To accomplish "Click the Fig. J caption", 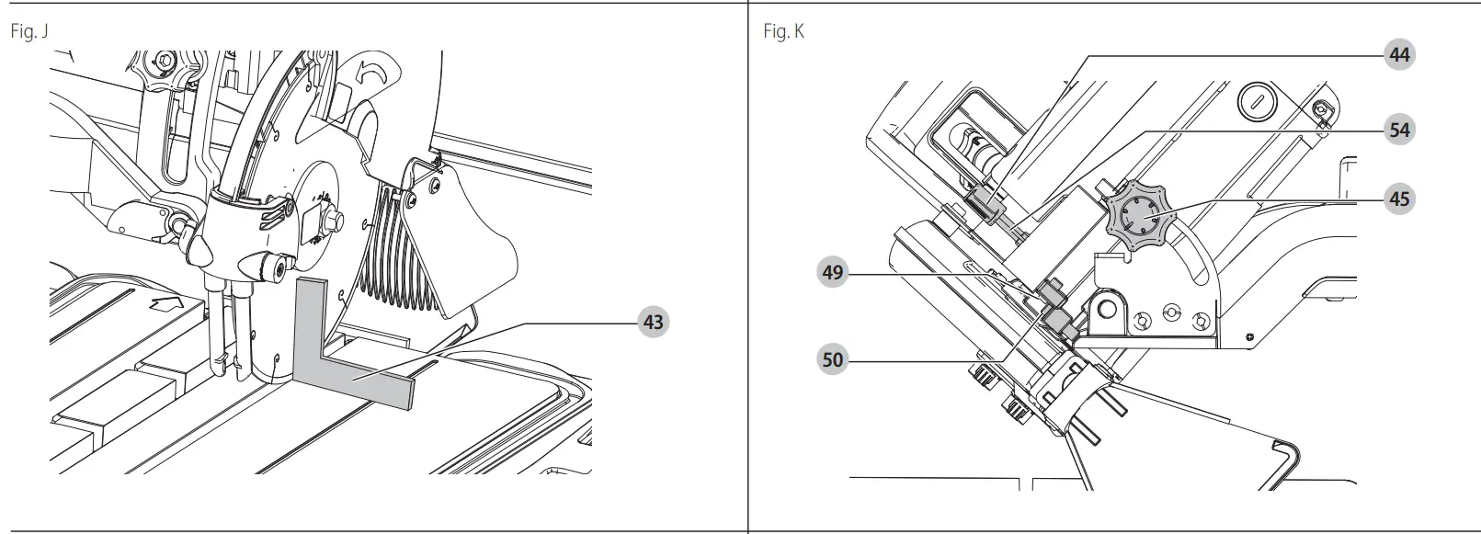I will (28, 32).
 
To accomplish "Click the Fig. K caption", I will (783, 32).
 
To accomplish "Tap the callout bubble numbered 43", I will (653, 323).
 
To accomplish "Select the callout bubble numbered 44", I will (1399, 55).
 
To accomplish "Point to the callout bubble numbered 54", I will (1399, 131).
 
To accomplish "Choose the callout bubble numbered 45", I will (1399, 199).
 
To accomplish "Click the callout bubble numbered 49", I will (832, 273).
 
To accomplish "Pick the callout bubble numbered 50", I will (832, 358).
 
